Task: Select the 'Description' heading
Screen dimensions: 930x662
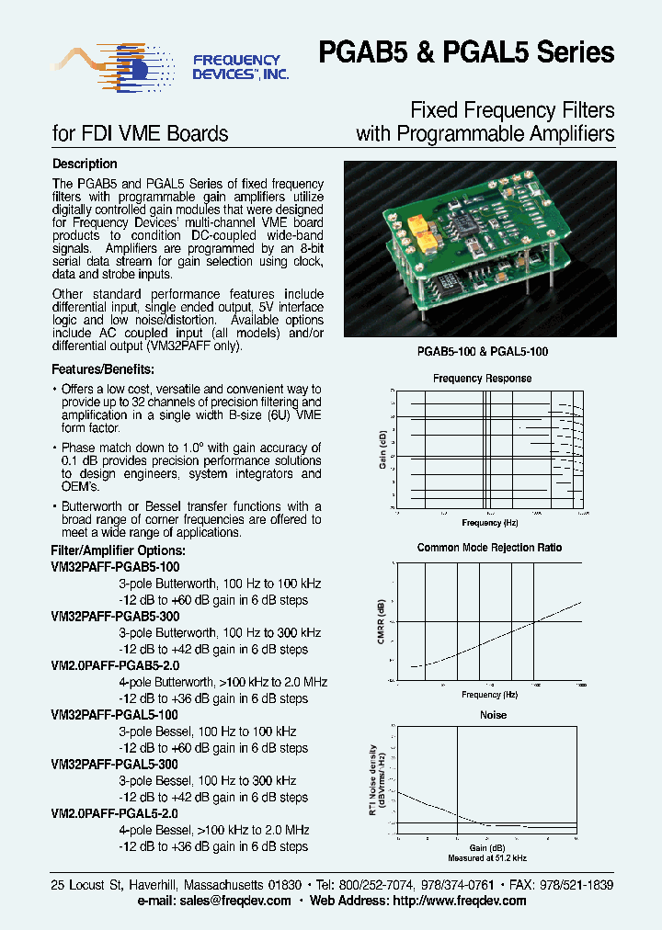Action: tap(85, 164)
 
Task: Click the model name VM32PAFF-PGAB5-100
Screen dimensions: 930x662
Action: tap(115, 567)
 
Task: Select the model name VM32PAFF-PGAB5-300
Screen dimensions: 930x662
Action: tap(115, 617)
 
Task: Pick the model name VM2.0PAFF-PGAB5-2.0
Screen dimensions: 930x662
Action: tap(115, 666)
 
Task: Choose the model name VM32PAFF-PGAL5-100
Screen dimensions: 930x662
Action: tap(115, 715)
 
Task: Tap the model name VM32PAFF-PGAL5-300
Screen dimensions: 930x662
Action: tap(115, 765)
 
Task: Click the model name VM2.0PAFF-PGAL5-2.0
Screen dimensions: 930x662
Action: tap(115, 814)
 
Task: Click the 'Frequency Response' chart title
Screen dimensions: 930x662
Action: tap(482, 379)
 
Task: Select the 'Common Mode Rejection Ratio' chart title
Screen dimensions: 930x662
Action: tap(488, 548)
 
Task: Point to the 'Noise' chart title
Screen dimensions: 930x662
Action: tap(493, 715)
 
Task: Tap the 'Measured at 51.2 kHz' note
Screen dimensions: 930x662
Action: tap(488, 857)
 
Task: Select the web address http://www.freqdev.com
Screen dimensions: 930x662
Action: tap(462, 901)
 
